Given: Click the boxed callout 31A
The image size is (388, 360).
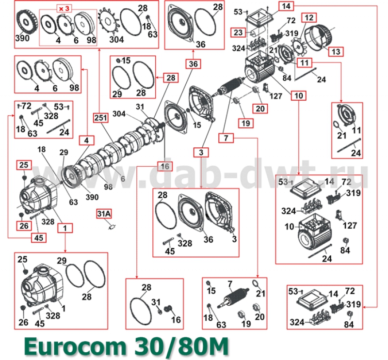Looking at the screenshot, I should tap(104, 213).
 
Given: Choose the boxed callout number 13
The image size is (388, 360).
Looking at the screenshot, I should tap(336, 50).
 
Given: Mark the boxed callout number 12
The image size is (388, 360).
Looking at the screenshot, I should tap(307, 18).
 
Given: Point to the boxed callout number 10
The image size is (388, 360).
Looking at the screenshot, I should tap(298, 95).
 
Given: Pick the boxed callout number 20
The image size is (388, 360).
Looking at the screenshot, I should tap(260, 109).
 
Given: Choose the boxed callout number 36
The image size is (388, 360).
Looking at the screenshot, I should tap(193, 63).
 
